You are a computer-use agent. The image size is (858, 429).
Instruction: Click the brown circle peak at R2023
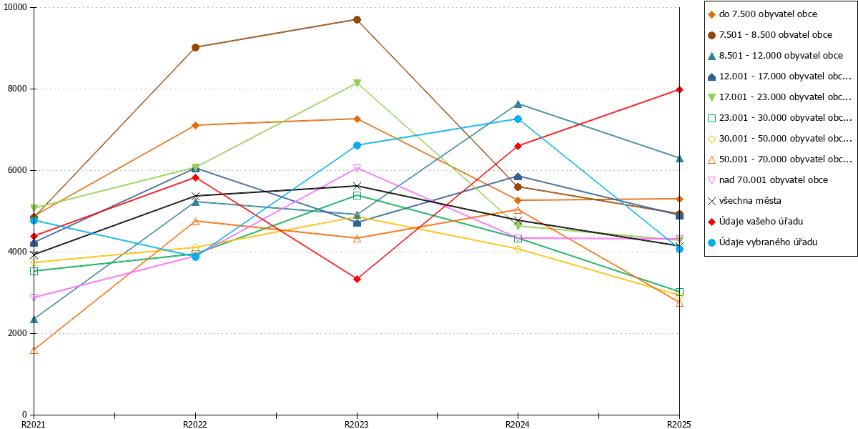[x=357, y=19]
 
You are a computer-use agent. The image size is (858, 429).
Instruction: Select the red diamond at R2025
[x=679, y=89]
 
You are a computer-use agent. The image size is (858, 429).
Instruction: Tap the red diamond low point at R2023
[x=357, y=280]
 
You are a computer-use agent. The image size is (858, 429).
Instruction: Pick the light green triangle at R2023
[x=357, y=83]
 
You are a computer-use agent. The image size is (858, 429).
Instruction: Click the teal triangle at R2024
[x=518, y=104]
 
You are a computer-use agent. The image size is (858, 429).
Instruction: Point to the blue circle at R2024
[x=518, y=119]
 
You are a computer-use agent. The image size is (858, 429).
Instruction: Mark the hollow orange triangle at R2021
[x=34, y=350]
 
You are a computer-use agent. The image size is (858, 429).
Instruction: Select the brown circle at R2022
[x=195, y=47]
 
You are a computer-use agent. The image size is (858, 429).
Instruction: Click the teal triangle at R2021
[x=34, y=320]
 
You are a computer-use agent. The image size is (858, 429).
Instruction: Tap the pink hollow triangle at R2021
[x=34, y=297]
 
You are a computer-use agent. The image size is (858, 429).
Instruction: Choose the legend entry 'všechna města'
[x=744, y=201]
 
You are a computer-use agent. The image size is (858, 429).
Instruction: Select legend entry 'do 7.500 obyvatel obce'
[x=762, y=14]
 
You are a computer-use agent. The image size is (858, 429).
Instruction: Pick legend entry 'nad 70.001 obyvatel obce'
[x=768, y=180]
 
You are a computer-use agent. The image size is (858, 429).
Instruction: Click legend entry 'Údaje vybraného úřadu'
[x=762, y=242]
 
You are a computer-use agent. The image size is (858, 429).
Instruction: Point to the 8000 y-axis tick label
[x=17, y=89]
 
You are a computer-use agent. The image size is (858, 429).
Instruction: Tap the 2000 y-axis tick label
[x=17, y=333]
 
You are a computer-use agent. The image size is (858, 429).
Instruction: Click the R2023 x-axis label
[x=357, y=424]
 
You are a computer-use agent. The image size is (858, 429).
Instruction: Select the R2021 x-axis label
[x=34, y=424]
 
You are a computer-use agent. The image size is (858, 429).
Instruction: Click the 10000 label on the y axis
[x=15, y=7]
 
